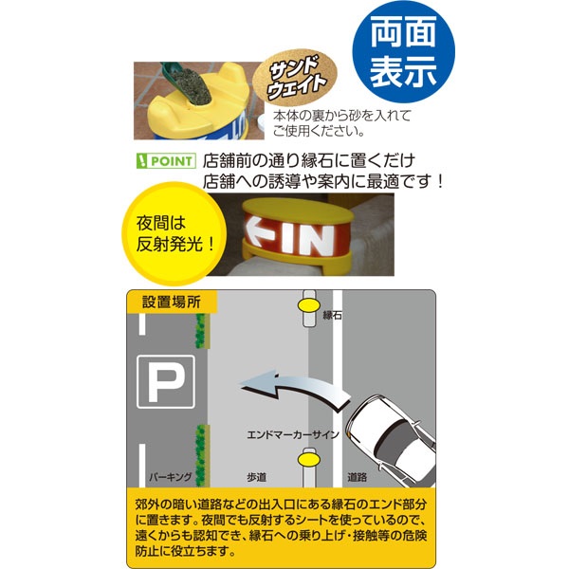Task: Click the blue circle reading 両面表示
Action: click(404, 52)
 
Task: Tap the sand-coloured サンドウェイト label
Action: click(295, 78)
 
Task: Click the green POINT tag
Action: click(166, 161)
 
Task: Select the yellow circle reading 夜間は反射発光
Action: click(174, 233)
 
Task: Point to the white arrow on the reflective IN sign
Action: click(259, 230)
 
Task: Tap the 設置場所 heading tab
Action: click(172, 302)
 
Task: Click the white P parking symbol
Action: click(166, 382)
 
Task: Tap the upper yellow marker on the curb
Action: click(309, 306)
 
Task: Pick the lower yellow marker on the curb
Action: click(309, 459)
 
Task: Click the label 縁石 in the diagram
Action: click(333, 315)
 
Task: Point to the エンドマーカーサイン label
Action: click(293, 434)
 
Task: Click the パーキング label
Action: click(170, 477)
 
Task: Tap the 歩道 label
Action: click(257, 477)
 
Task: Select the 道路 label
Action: click(357, 477)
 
